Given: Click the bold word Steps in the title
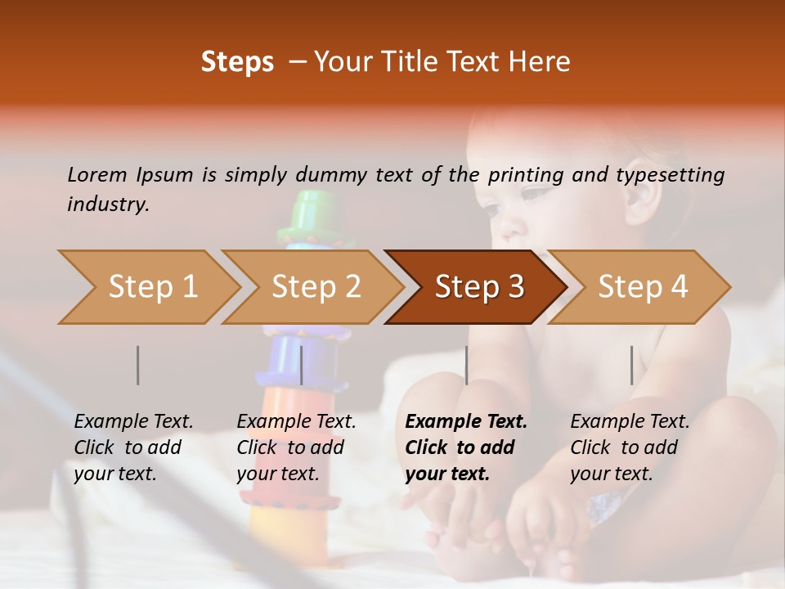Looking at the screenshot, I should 237,62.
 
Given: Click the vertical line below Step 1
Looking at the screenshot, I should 138,365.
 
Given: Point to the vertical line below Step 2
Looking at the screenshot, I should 302,365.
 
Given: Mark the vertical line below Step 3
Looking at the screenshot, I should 466,365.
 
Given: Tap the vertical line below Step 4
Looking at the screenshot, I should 631,365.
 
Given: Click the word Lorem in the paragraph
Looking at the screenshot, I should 97,175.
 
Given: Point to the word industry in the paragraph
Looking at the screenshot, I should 108,205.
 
